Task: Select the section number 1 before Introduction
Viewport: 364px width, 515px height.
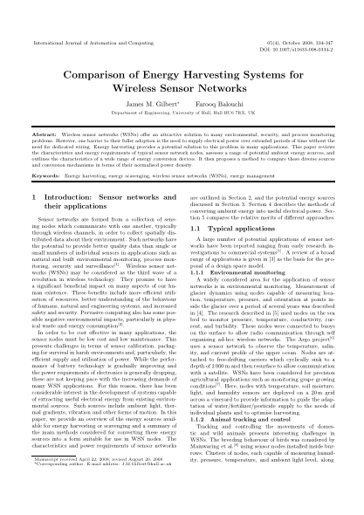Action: click(x=34, y=201)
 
